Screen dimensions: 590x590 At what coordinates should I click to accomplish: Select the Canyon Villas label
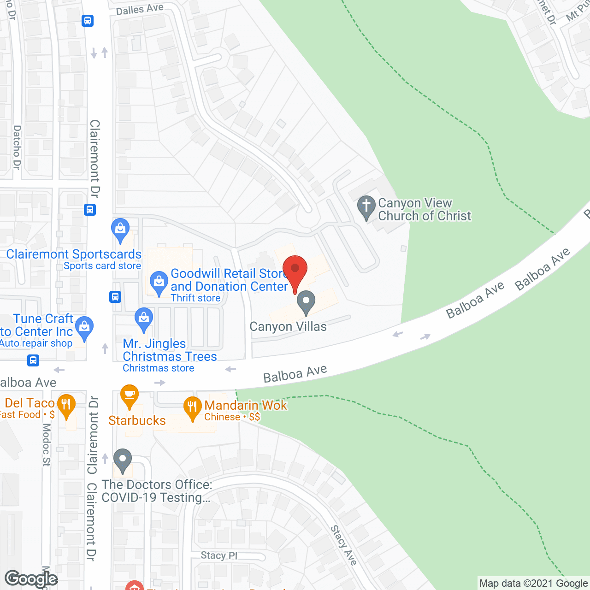(x=288, y=327)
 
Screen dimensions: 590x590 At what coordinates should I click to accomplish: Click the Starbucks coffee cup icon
(x=130, y=395)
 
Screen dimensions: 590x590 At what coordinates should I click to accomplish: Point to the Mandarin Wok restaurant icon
(x=192, y=407)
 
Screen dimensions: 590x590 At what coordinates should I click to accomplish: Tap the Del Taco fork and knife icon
(x=66, y=406)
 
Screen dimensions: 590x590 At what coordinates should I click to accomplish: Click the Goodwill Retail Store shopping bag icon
(x=159, y=282)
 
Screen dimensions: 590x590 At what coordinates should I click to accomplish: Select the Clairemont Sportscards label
(x=74, y=254)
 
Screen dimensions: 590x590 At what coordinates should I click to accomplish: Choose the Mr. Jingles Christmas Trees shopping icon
(x=144, y=319)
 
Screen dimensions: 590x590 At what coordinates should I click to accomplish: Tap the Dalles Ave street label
(x=140, y=9)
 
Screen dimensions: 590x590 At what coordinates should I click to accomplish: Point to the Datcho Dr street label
(x=17, y=147)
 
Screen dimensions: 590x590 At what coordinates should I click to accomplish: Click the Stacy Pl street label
(x=219, y=555)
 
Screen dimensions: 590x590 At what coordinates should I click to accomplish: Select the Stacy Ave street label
(x=344, y=545)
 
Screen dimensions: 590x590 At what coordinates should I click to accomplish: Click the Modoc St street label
(x=47, y=445)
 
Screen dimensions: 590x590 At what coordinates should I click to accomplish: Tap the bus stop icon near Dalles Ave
(x=88, y=21)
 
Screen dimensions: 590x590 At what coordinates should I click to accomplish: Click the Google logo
(x=31, y=579)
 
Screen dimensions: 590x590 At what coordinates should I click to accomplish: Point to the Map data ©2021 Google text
(x=533, y=584)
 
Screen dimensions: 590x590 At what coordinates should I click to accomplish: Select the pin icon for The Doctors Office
(x=123, y=460)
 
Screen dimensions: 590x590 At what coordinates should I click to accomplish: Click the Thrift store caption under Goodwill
(x=195, y=298)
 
